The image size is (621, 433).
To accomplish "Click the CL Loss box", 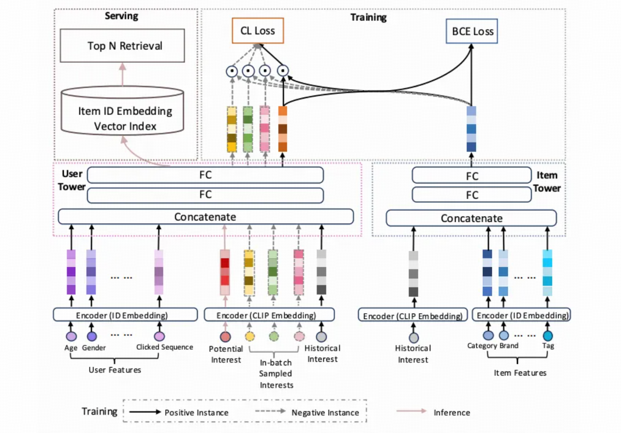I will click(257, 31).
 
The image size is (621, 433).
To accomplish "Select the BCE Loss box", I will click(472, 31).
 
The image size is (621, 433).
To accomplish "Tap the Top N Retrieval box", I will click(123, 46).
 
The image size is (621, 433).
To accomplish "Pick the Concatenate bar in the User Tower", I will click(205, 217).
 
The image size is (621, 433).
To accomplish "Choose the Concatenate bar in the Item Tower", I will click(471, 218).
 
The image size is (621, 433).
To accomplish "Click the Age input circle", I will click(71, 336).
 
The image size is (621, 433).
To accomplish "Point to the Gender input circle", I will click(92, 336).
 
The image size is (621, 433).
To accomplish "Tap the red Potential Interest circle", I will click(225, 337).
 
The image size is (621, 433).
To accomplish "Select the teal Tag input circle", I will click(547, 335).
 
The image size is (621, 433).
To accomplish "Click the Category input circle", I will click(488, 335).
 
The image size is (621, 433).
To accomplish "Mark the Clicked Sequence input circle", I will click(159, 336).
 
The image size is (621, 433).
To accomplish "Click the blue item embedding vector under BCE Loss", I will click(471, 129).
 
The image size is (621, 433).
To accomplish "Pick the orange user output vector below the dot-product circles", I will click(282, 129).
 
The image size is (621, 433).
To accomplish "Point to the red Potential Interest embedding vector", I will click(225, 272).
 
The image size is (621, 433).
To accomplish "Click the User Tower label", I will click(71, 180).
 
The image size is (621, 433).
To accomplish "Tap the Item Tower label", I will click(547, 182).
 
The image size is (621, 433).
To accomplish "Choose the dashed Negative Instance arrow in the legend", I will click(270, 411).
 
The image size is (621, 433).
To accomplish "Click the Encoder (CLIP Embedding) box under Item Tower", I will click(413, 315).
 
